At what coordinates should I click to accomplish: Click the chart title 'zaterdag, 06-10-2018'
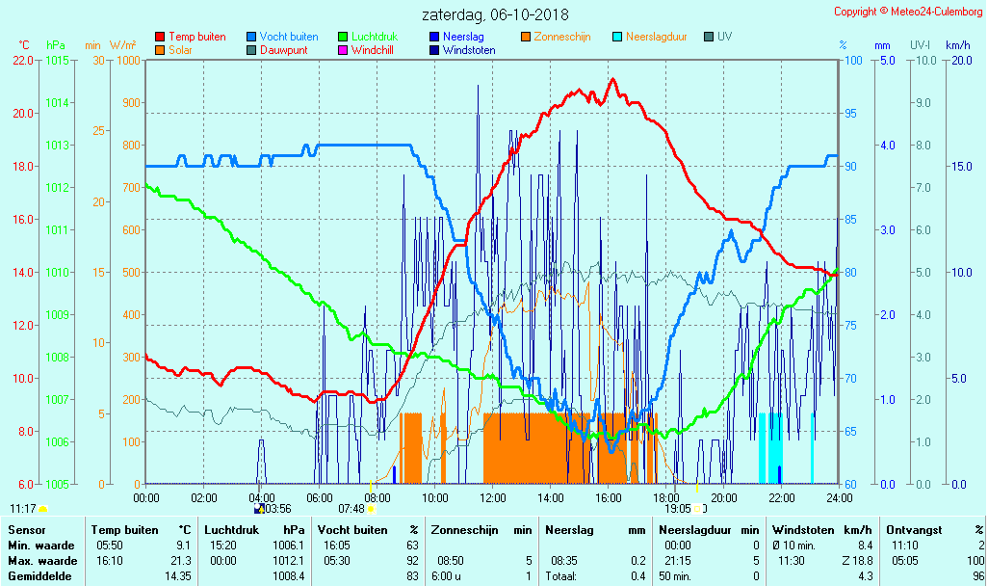[x=495, y=15]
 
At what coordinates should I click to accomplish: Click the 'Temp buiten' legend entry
[x=196, y=37]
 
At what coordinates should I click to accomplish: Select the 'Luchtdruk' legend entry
[x=375, y=37]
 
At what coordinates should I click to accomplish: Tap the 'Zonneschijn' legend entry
[x=561, y=37]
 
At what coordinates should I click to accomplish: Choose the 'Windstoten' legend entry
[x=469, y=50]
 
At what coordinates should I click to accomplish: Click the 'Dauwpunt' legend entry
[x=283, y=50]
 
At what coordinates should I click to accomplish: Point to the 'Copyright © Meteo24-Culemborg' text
[x=908, y=12]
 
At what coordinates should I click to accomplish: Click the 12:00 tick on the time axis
[x=492, y=497]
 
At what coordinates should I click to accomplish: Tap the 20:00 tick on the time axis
[x=723, y=497]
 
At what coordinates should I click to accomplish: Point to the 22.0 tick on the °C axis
[x=23, y=60]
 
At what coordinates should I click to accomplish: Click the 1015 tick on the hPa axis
[x=57, y=60]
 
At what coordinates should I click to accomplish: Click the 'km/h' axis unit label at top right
[x=957, y=45]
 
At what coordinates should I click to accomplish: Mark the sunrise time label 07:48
[x=351, y=509]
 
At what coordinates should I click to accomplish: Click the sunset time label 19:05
[x=678, y=509]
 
